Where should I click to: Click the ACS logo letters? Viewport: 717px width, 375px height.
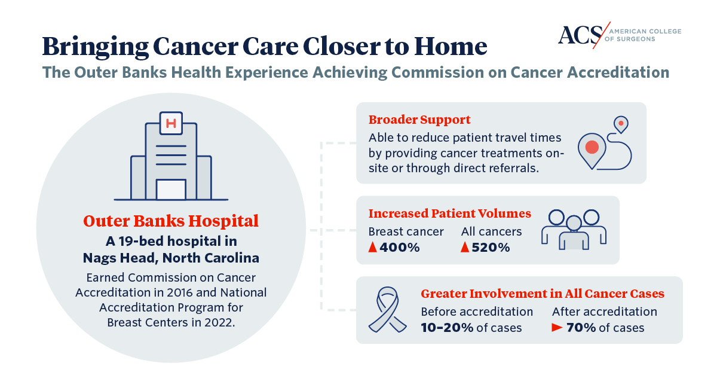point(580,35)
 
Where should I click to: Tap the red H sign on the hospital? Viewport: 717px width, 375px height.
point(171,123)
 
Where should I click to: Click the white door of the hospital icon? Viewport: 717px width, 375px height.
point(171,190)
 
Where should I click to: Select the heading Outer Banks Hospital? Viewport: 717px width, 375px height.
point(171,221)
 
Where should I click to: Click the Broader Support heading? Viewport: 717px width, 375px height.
point(419,120)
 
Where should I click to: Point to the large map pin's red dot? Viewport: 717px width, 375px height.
point(592,147)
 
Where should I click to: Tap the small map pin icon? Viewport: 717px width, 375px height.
point(621,124)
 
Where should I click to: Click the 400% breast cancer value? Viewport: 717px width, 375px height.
point(400,247)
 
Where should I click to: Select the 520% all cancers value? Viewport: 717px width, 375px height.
point(491,247)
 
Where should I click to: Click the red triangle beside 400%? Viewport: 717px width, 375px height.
point(373,247)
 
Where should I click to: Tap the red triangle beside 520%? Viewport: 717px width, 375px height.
point(465,247)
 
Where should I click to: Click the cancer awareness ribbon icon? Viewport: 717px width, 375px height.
point(388,309)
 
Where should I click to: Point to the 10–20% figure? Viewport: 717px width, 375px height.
point(447,328)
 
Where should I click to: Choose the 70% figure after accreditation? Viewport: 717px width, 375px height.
point(581,328)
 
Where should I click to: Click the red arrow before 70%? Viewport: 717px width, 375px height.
point(557,327)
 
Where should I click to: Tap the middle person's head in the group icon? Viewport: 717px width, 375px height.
point(574,223)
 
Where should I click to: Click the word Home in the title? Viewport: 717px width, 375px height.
point(451,47)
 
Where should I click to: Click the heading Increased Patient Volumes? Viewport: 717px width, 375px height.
point(450,214)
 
